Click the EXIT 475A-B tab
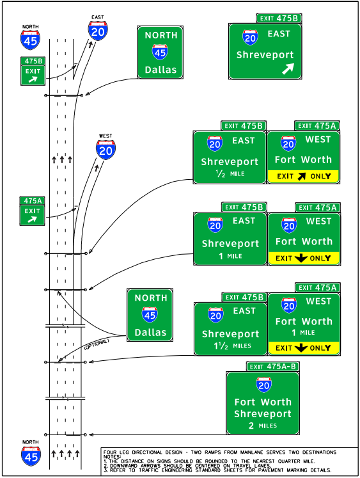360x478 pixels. (273, 367)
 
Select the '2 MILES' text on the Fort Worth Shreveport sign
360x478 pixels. (263, 426)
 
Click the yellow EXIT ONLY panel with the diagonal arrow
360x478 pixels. (303, 176)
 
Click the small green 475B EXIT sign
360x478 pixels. (33, 71)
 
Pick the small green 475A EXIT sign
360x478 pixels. (32, 211)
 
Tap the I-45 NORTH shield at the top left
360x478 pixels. (30, 40)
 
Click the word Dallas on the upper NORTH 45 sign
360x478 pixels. (160, 70)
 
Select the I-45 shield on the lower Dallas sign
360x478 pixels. (150, 314)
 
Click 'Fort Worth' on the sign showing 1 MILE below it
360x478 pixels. (303, 321)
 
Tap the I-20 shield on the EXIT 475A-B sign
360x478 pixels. (263, 385)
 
